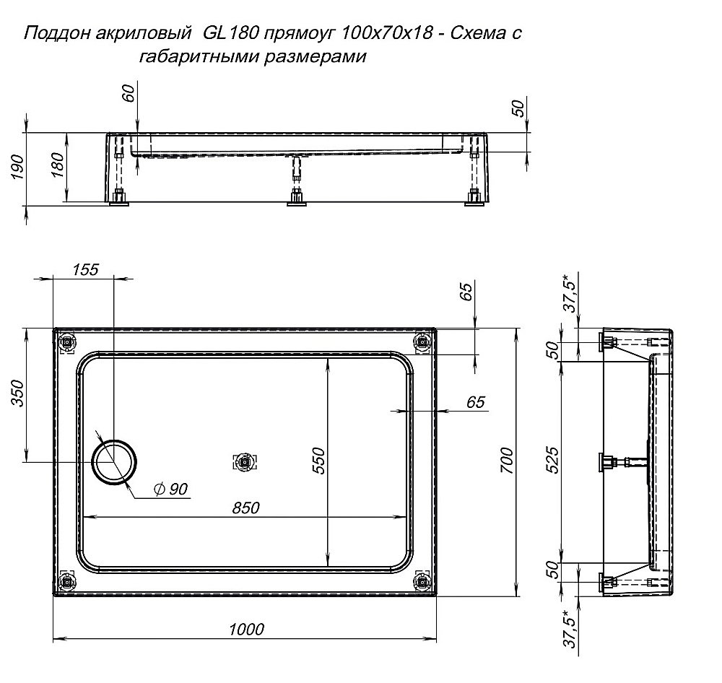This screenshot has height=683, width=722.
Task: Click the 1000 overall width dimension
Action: coord(245,629)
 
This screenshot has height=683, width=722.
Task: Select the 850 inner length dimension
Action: coord(245,508)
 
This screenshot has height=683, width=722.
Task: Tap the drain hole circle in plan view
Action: coord(113,460)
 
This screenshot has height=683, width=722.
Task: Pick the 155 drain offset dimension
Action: coord(84,269)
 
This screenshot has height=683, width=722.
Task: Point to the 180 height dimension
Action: coord(59,167)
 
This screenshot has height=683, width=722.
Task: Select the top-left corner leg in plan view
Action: coord(67,341)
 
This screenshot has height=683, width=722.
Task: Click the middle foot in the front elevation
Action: coord(295,197)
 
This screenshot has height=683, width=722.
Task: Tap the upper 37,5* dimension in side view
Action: coord(570,293)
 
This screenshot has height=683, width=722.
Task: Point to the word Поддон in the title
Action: coord(51,34)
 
